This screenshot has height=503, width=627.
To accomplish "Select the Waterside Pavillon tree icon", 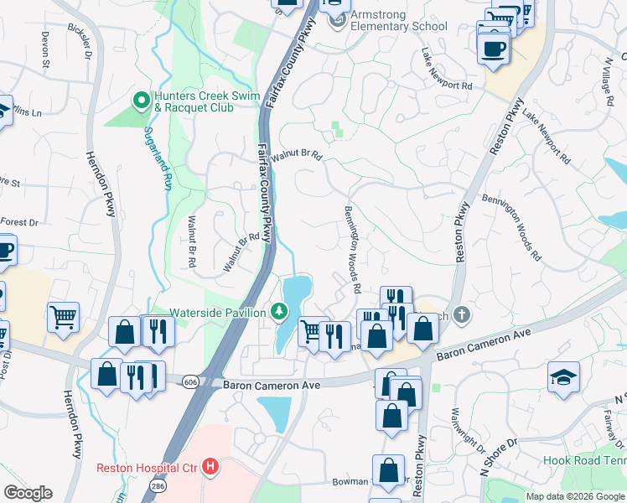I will pyautogui.click(x=279, y=312).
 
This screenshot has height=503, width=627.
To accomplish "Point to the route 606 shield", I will pyautogui.click(x=191, y=381).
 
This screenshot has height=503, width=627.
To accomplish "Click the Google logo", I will pyautogui.click(x=28, y=493).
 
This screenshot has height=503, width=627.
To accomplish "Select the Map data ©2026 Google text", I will pyautogui.click(x=575, y=496).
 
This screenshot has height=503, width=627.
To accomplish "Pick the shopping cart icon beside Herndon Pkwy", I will pyautogui.click(x=63, y=317).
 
